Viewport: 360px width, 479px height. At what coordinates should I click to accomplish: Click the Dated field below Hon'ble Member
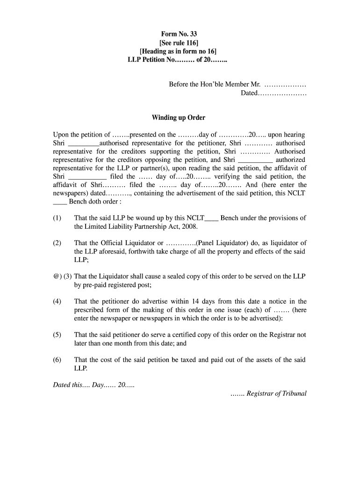click(274, 93)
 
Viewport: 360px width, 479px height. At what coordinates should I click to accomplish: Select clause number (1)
click(57, 218)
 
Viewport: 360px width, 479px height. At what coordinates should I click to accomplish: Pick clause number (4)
click(57, 301)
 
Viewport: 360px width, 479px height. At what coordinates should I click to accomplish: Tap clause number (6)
click(57, 360)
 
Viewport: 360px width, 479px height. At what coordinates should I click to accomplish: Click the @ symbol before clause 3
click(56, 276)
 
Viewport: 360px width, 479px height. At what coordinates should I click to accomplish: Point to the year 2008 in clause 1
click(190, 226)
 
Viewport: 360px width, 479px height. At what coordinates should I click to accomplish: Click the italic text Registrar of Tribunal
click(276, 393)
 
